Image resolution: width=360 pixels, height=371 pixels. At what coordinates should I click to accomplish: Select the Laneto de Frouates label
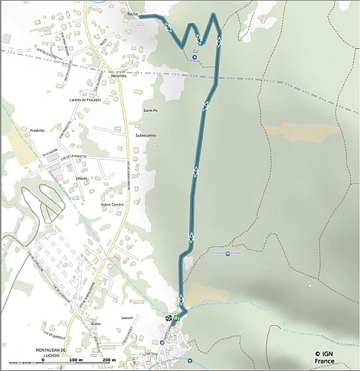coord(85,99)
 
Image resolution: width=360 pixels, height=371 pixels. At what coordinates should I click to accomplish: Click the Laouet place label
coord(126,317)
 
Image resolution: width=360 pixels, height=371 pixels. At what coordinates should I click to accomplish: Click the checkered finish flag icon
coord(169,319)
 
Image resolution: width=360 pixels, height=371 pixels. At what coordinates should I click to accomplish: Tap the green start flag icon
coord(177,319)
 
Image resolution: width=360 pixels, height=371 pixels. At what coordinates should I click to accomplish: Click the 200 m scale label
coord(108,360)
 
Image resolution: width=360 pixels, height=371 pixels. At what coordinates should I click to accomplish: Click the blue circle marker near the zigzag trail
coord(195,56)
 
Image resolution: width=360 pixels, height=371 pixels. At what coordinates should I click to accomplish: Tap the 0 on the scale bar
coord(43,360)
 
